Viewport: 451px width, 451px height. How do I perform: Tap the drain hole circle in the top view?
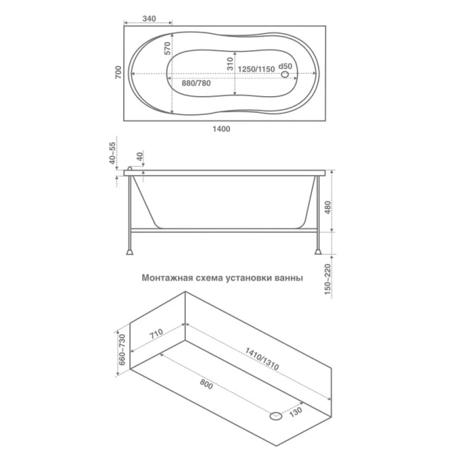point(285,73)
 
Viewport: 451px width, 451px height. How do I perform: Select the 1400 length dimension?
point(221,129)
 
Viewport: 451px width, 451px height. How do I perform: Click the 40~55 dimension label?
point(113,154)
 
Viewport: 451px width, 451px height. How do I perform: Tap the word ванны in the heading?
point(288,277)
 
